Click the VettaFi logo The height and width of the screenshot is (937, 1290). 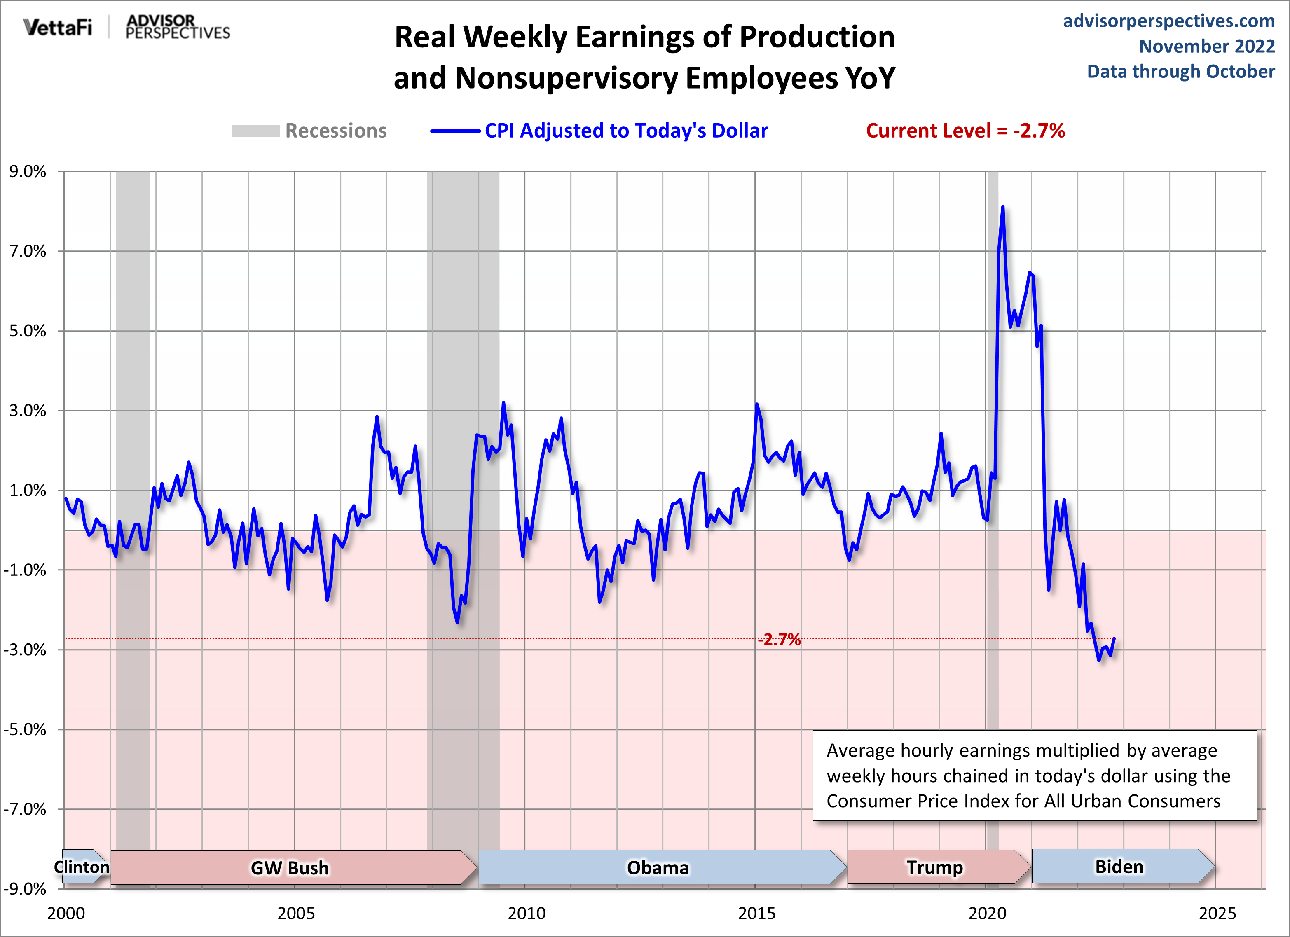[x=57, y=27]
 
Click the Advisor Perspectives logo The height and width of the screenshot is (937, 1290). [x=178, y=27]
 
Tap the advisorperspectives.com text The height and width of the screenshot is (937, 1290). [x=1168, y=21]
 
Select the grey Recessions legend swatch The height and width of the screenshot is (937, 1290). [x=255, y=131]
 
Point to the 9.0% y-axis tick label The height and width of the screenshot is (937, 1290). [x=27, y=171]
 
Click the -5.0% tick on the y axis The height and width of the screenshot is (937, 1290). [x=25, y=729]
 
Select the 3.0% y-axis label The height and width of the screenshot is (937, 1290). [x=27, y=411]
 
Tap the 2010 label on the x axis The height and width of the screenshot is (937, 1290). [x=526, y=913]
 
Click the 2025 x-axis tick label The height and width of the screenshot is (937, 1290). [x=1217, y=913]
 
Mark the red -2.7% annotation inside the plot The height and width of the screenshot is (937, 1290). [x=779, y=640]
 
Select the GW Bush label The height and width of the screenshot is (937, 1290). [x=290, y=868]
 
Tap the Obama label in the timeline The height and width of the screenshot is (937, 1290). [x=658, y=868]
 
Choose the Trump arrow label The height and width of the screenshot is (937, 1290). [x=934, y=867]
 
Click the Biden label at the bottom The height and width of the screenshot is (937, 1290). [x=1119, y=867]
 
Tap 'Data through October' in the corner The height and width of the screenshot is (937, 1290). [x=1181, y=72]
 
